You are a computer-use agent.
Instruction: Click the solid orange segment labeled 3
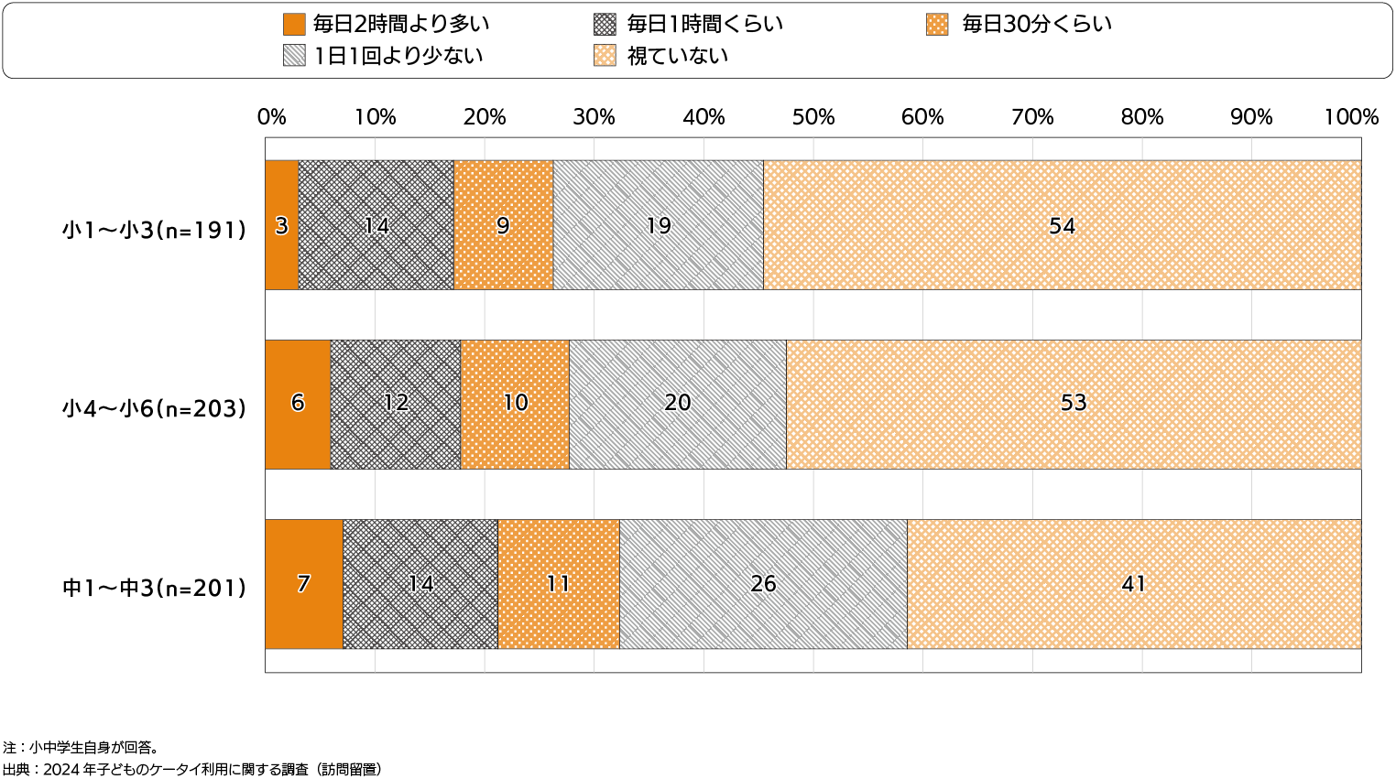(x=281, y=225)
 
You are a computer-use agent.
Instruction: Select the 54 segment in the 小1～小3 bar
(x=1062, y=225)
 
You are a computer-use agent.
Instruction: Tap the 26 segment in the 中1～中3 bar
(x=763, y=584)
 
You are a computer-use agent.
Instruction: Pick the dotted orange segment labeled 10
(x=515, y=404)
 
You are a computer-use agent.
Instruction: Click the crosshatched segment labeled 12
(x=395, y=404)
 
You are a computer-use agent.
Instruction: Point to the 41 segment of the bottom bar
(x=1134, y=584)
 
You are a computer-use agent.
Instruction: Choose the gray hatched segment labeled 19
(x=658, y=225)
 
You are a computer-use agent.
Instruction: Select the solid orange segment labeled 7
(x=303, y=584)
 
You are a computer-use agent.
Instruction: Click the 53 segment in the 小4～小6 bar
(x=1074, y=404)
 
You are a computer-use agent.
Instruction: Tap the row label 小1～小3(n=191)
(x=155, y=229)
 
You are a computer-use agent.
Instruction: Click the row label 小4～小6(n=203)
(x=155, y=408)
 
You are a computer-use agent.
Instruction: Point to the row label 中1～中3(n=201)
(x=155, y=588)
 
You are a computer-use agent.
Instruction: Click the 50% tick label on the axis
(x=813, y=117)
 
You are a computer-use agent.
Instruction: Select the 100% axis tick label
(x=1350, y=117)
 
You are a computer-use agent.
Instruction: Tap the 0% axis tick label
(x=271, y=117)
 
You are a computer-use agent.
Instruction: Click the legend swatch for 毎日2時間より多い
(x=294, y=24)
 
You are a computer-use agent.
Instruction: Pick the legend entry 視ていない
(x=677, y=56)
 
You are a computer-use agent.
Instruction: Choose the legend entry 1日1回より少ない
(x=398, y=56)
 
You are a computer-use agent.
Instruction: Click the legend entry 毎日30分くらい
(x=1036, y=24)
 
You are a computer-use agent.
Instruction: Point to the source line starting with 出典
(x=192, y=769)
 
